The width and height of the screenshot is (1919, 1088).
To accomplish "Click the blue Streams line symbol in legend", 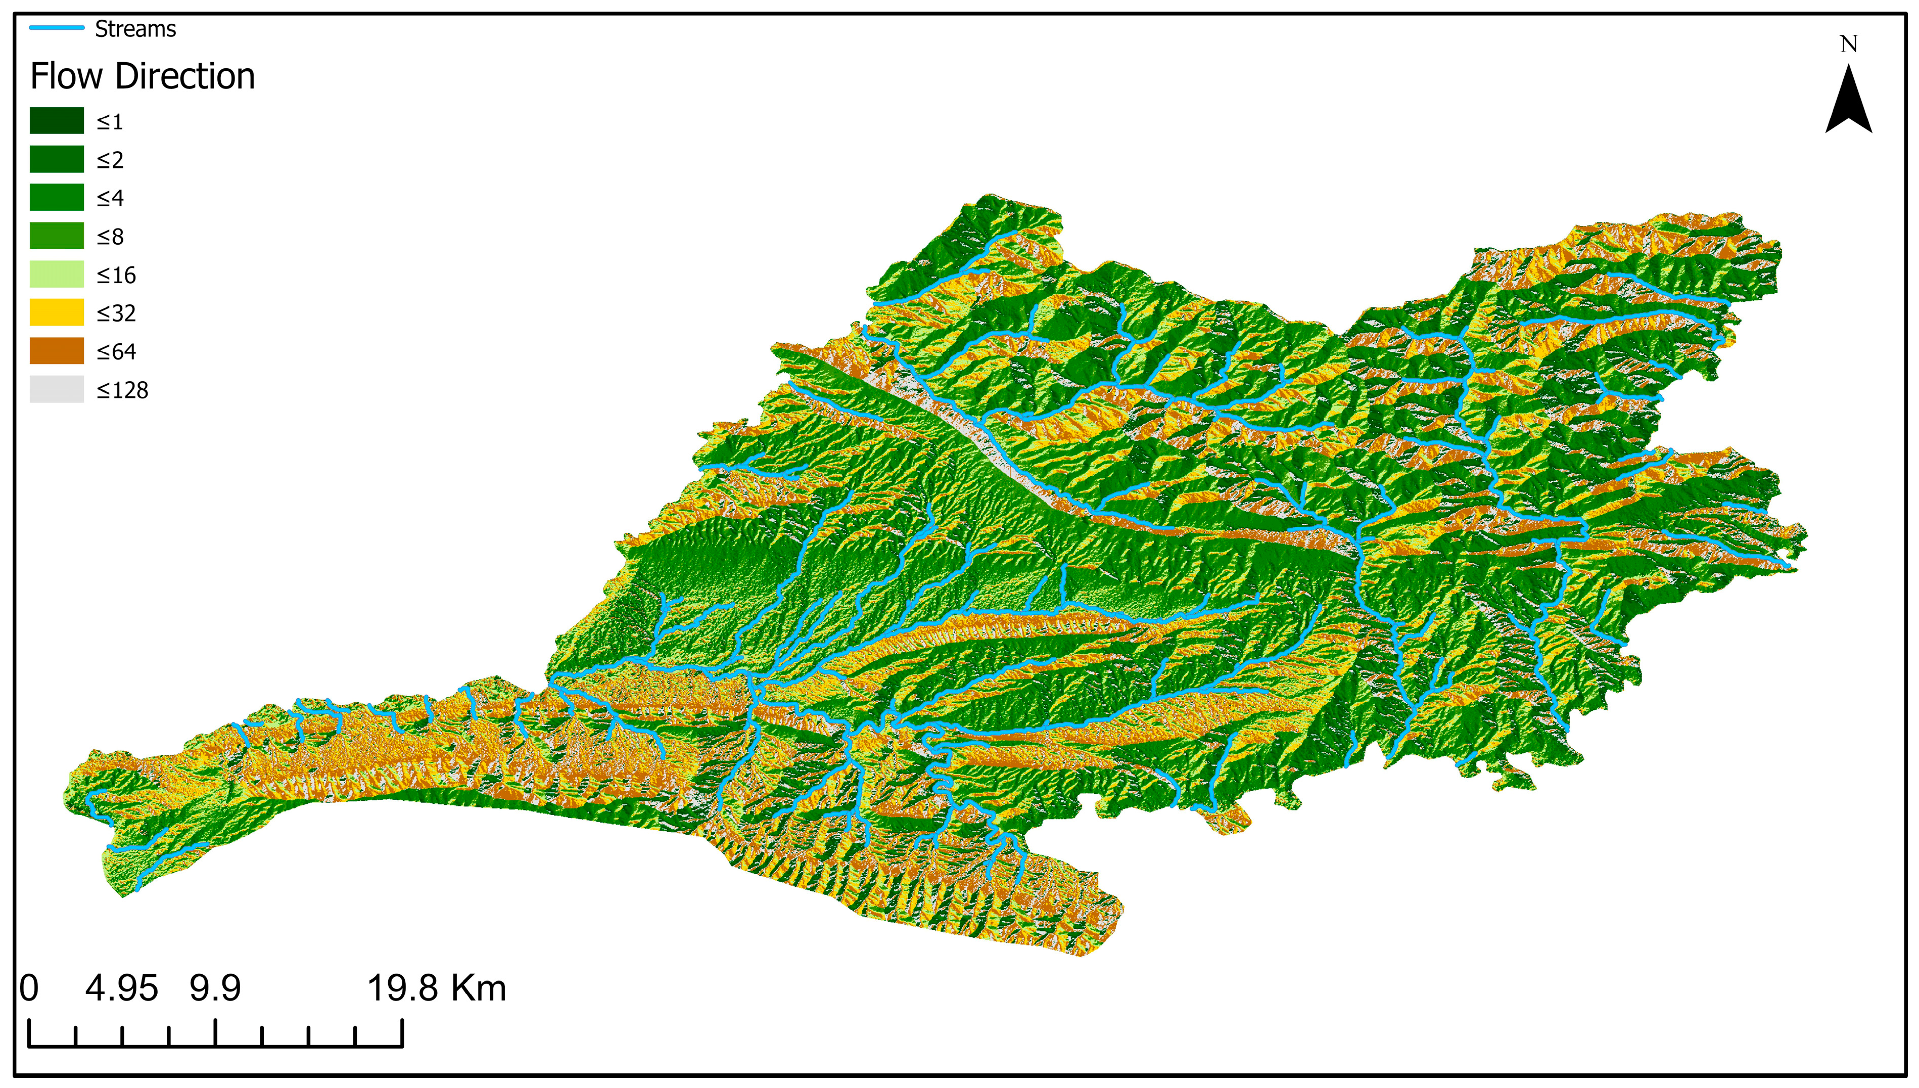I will click(x=57, y=28).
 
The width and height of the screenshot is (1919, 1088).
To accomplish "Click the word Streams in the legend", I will click(x=135, y=29).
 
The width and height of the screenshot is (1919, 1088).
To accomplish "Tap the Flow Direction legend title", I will click(x=142, y=76).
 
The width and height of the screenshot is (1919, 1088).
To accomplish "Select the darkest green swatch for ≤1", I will click(x=57, y=120).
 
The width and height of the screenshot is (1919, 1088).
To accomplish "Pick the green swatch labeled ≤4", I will click(x=57, y=197).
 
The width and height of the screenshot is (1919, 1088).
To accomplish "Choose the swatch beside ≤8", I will click(x=57, y=236).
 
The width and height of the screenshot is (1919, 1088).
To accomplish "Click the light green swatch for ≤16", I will click(x=57, y=274).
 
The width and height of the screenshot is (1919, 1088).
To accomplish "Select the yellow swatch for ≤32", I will click(x=57, y=312).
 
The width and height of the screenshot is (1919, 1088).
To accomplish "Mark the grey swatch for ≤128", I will click(x=57, y=389).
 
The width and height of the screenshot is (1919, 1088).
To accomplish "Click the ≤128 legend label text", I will click(x=122, y=390).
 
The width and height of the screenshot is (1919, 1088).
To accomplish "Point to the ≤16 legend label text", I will click(x=117, y=275).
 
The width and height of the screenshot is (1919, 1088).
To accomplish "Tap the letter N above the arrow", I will click(x=1848, y=45).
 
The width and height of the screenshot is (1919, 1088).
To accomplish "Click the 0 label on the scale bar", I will click(x=29, y=988).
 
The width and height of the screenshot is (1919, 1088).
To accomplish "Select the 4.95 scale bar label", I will click(x=122, y=988).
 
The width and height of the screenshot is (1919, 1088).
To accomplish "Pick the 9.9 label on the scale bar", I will click(x=215, y=988).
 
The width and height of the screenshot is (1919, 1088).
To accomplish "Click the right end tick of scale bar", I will click(x=402, y=1033).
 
